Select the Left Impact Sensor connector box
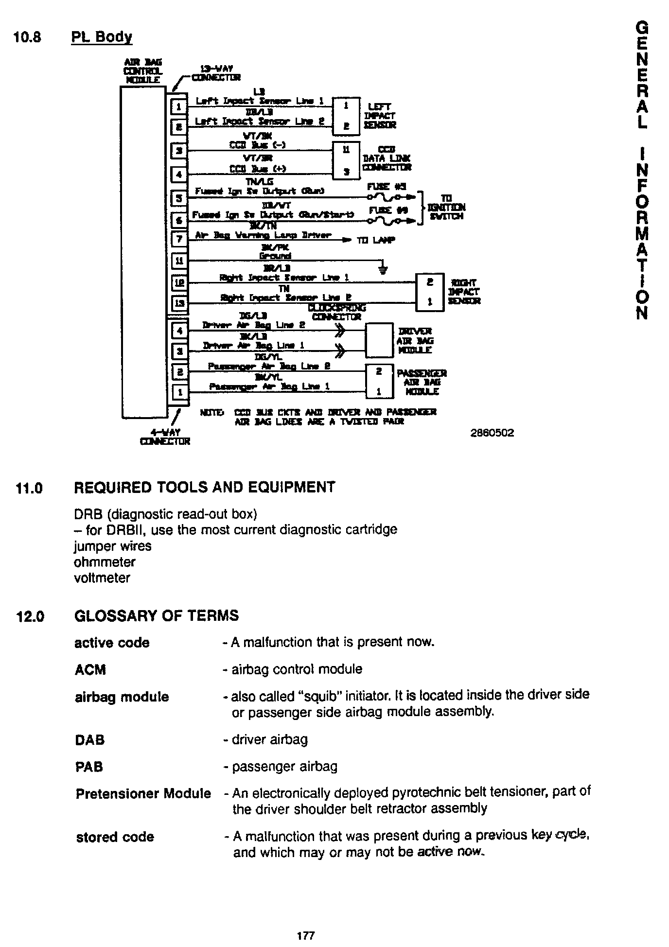click(346, 115)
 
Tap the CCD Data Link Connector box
click(346, 160)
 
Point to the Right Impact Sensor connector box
click(430, 292)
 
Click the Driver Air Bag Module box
click(379, 340)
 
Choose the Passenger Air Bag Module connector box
click(379, 381)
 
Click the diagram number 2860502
click(492, 433)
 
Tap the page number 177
click(306, 935)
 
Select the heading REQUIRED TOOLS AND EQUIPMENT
click(204, 487)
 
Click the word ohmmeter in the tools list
click(105, 562)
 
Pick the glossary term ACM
click(90, 670)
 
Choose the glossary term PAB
click(89, 767)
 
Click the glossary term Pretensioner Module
click(143, 794)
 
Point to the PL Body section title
click(102, 37)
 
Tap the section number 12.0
click(30, 616)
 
